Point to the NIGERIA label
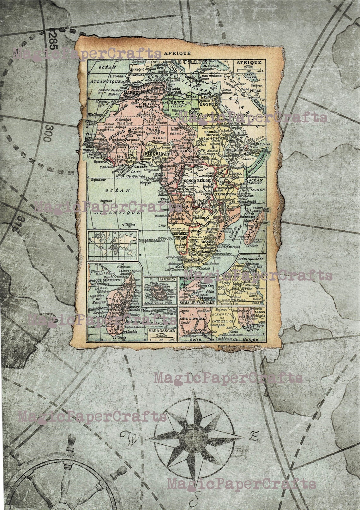[x=153, y=153]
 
